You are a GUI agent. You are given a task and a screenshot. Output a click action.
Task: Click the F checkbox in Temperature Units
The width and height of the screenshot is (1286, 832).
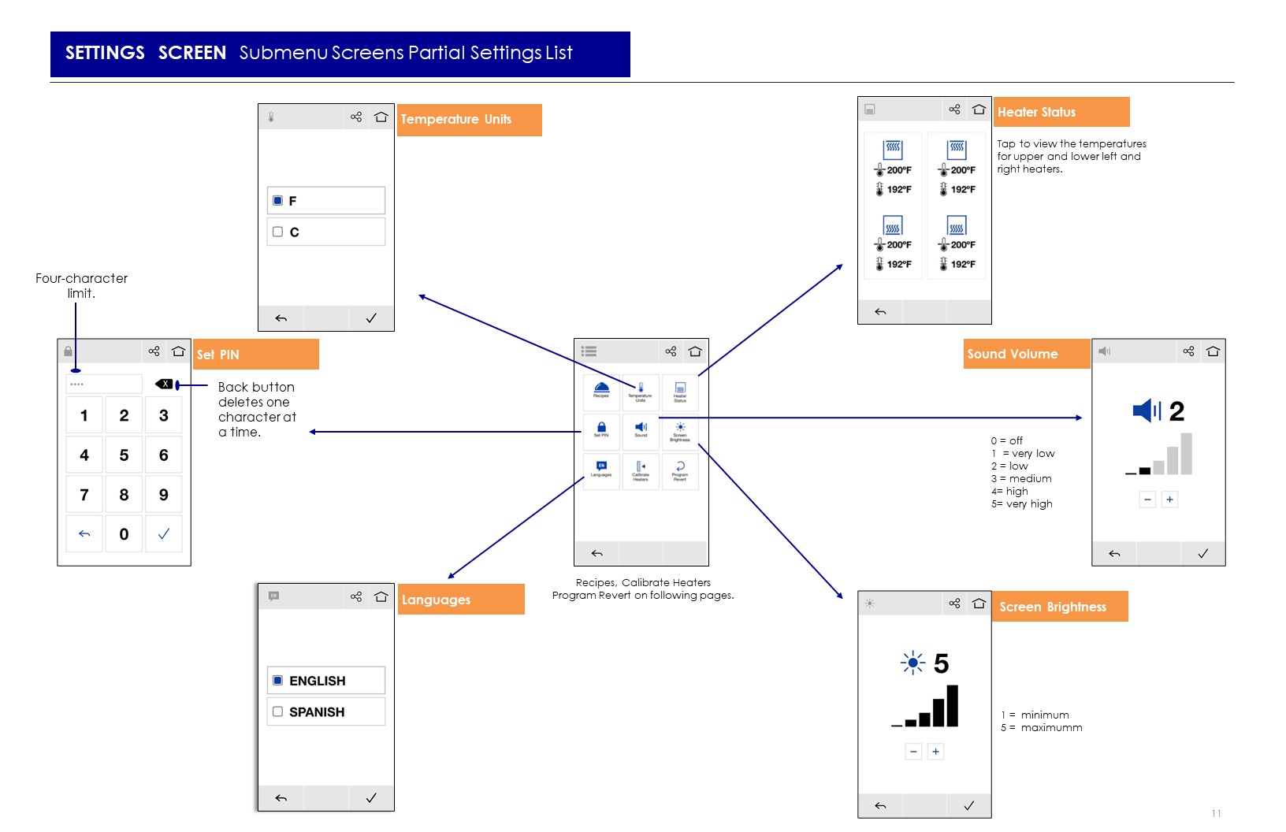tap(277, 201)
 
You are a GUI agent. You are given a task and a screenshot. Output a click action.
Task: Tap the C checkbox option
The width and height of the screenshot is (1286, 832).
tap(277, 232)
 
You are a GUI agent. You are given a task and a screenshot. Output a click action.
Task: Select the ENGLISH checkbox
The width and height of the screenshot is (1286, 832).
tap(277, 681)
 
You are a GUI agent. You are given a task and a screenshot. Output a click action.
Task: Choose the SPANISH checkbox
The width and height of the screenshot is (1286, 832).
tap(277, 711)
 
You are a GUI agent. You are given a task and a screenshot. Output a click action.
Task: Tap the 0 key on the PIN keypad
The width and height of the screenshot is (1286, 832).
tap(124, 534)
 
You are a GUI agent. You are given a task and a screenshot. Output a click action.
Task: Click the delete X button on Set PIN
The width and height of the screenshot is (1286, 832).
tap(165, 384)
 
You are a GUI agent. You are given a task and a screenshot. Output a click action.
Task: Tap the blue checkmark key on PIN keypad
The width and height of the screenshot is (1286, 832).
tap(164, 534)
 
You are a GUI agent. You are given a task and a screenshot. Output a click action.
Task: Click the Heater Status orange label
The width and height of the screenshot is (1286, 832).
tap(1061, 112)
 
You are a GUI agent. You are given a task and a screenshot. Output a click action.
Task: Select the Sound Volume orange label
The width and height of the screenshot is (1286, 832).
tap(1026, 354)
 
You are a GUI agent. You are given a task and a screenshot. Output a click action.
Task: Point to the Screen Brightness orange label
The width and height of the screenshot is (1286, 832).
tap(1059, 607)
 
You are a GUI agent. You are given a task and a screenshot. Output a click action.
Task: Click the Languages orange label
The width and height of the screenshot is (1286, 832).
tap(461, 600)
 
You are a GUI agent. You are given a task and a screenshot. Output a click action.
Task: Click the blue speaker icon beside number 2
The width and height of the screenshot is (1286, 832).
tap(1146, 410)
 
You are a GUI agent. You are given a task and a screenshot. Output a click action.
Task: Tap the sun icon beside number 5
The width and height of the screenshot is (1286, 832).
tap(912, 663)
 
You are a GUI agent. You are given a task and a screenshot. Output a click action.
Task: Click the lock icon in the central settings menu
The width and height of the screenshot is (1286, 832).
tap(601, 427)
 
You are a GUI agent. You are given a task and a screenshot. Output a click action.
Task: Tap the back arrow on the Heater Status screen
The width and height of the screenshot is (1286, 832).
tap(880, 312)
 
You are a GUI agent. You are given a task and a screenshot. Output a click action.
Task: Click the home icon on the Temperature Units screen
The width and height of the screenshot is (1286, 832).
tap(381, 117)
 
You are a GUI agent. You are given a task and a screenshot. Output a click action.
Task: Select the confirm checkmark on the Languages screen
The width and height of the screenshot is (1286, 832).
tap(371, 798)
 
